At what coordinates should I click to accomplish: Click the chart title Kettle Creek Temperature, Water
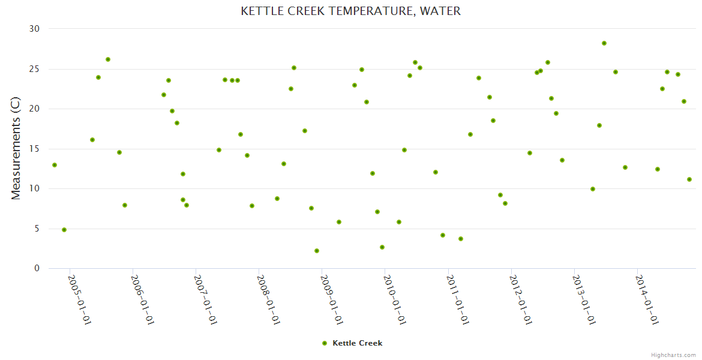click(x=351, y=11)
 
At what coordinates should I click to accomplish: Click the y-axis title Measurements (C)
click(x=16, y=149)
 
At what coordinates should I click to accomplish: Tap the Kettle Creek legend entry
click(x=357, y=343)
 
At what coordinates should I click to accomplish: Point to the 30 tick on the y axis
click(x=34, y=29)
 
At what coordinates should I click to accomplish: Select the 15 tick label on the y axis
click(x=34, y=149)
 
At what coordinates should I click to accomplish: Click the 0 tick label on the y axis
click(x=37, y=269)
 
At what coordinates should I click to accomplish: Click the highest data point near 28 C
click(x=604, y=43)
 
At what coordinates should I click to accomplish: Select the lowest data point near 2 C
click(x=317, y=251)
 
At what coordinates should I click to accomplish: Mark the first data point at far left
click(x=55, y=165)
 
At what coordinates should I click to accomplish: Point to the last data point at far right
click(x=689, y=179)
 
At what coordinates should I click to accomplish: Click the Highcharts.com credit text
click(x=673, y=355)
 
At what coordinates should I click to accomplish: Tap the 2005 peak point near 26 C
click(x=108, y=59)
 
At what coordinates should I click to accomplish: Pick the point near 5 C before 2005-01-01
click(x=64, y=230)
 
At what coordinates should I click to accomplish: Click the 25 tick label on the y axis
click(x=34, y=69)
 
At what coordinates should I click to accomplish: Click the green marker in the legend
click(x=325, y=343)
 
